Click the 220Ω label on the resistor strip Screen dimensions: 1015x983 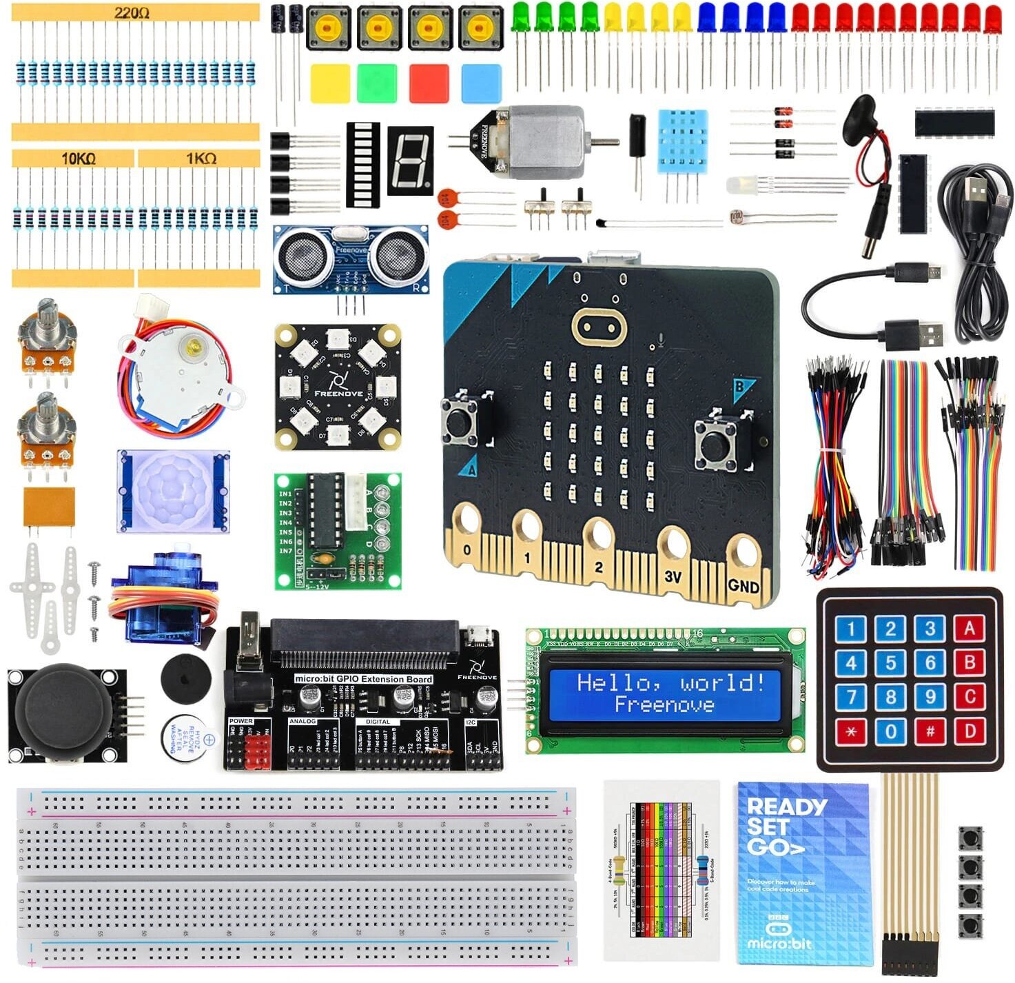click(132, 13)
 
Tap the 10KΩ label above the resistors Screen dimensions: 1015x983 click(78, 159)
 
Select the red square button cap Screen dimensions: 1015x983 click(429, 83)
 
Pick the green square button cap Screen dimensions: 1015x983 click(377, 83)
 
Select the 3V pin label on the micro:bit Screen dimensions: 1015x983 click(673, 576)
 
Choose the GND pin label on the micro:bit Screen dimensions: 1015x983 click(743, 586)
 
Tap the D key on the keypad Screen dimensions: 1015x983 click(970, 731)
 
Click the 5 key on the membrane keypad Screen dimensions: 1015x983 click(890, 663)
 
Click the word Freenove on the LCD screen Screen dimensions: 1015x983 click(664, 705)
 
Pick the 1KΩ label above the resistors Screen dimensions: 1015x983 click(201, 159)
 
